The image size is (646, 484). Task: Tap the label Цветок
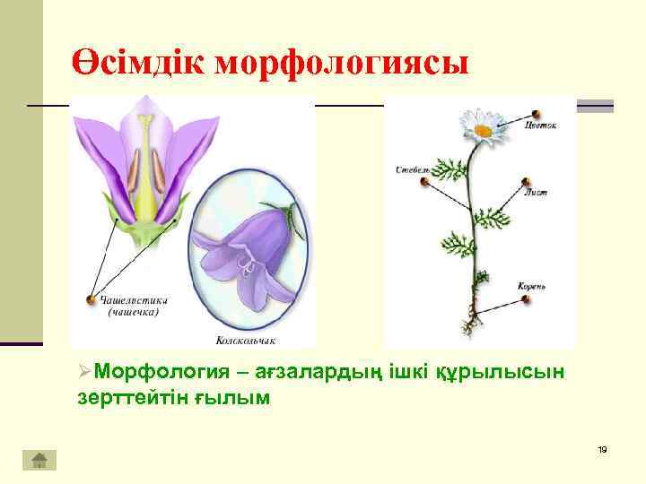coord(541,126)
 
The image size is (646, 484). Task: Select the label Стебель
coord(412,168)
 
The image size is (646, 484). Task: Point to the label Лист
coord(537,192)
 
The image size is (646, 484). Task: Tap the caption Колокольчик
coord(245,341)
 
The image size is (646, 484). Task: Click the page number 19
coord(602,448)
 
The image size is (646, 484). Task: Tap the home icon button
coord(39,460)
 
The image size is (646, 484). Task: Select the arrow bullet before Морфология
coord(83,372)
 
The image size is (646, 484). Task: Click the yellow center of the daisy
coord(483,131)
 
